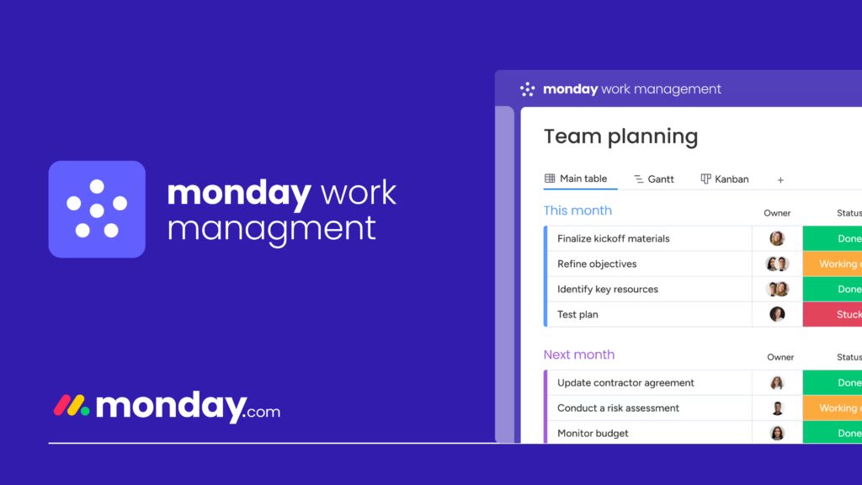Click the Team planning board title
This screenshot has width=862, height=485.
(x=620, y=136)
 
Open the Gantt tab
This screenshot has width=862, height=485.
(x=654, y=179)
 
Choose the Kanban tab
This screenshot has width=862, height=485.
(x=725, y=179)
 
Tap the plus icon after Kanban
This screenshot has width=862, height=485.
(x=780, y=180)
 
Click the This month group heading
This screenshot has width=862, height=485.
(x=577, y=211)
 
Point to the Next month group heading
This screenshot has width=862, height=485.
(x=579, y=354)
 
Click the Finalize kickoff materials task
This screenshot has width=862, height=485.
(x=613, y=238)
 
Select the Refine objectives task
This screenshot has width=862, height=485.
(x=597, y=264)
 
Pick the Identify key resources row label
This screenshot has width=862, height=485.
(x=607, y=289)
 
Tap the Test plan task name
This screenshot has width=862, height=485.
(x=577, y=314)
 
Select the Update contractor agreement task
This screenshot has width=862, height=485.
(x=625, y=382)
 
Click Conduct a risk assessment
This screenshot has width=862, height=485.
(x=618, y=408)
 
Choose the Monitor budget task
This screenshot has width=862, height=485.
(x=593, y=433)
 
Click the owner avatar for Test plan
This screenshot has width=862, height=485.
(x=777, y=314)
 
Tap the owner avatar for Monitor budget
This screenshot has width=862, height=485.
(x=777, y=433)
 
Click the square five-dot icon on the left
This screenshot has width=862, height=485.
(x=97, y=209)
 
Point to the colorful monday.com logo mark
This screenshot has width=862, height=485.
(x=72, y=406)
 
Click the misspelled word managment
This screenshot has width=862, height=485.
(x=271, y=228)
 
